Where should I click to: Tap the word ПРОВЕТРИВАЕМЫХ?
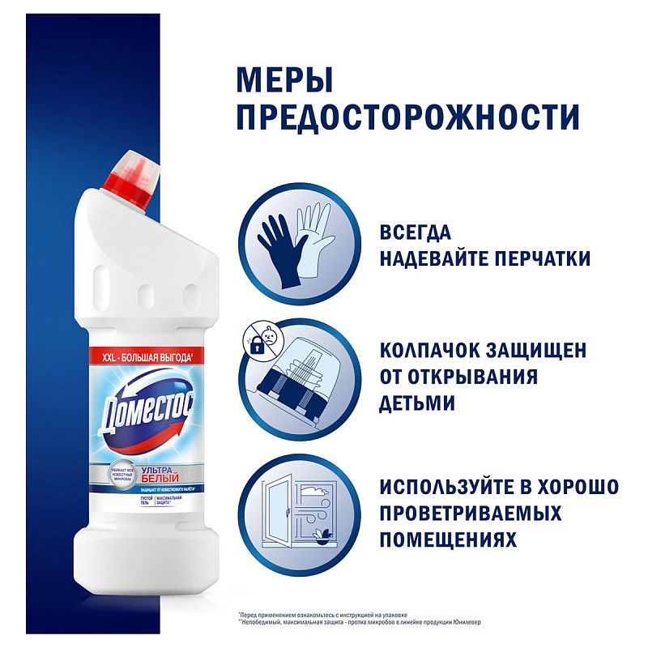(x=471, y=514)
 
